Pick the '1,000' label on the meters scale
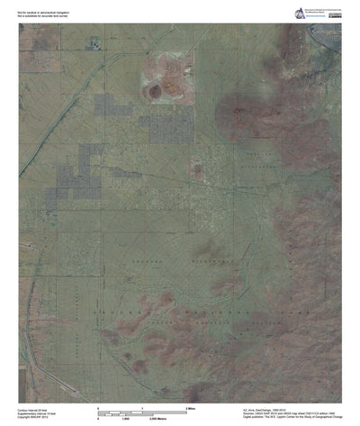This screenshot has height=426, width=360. click(127, 420)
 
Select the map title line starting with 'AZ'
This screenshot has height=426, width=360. click(261, 409)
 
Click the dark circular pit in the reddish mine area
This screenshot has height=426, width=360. click(156, 91)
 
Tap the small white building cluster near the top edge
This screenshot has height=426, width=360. click(93, 43)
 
